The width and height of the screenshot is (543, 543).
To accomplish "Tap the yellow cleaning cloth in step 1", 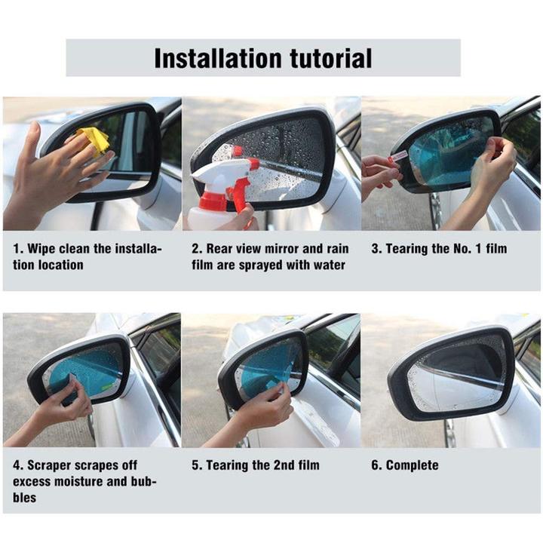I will (x=93, y=140).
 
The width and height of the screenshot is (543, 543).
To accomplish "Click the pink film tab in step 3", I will (x=399, y=155).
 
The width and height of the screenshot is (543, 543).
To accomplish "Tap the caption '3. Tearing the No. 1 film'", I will (x=439, y=249).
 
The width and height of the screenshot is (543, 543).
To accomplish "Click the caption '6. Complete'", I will (x=404, y=465).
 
